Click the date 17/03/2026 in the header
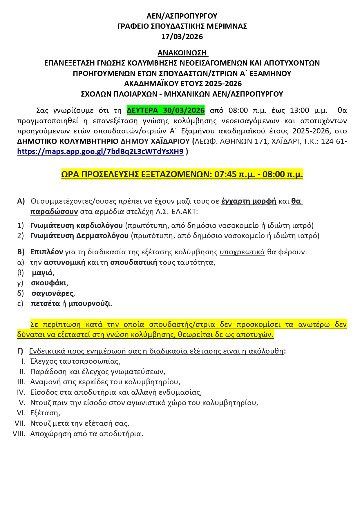(182, 37)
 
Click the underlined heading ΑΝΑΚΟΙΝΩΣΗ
(182, 53)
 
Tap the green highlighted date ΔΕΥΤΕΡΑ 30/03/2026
(166, 110)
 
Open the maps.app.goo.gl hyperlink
(100, 151)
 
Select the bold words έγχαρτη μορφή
(249, 201)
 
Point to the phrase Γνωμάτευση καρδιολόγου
(77, 225)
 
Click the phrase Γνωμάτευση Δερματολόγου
(79, 236)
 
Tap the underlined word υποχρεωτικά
(242, 252)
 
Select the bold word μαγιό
(42, 273)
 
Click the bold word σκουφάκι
(49, 283)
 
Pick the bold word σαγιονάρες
(52, 293)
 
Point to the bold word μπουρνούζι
(89, 304)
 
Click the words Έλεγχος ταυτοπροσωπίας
(75, 361)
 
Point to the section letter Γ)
(20, 351)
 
